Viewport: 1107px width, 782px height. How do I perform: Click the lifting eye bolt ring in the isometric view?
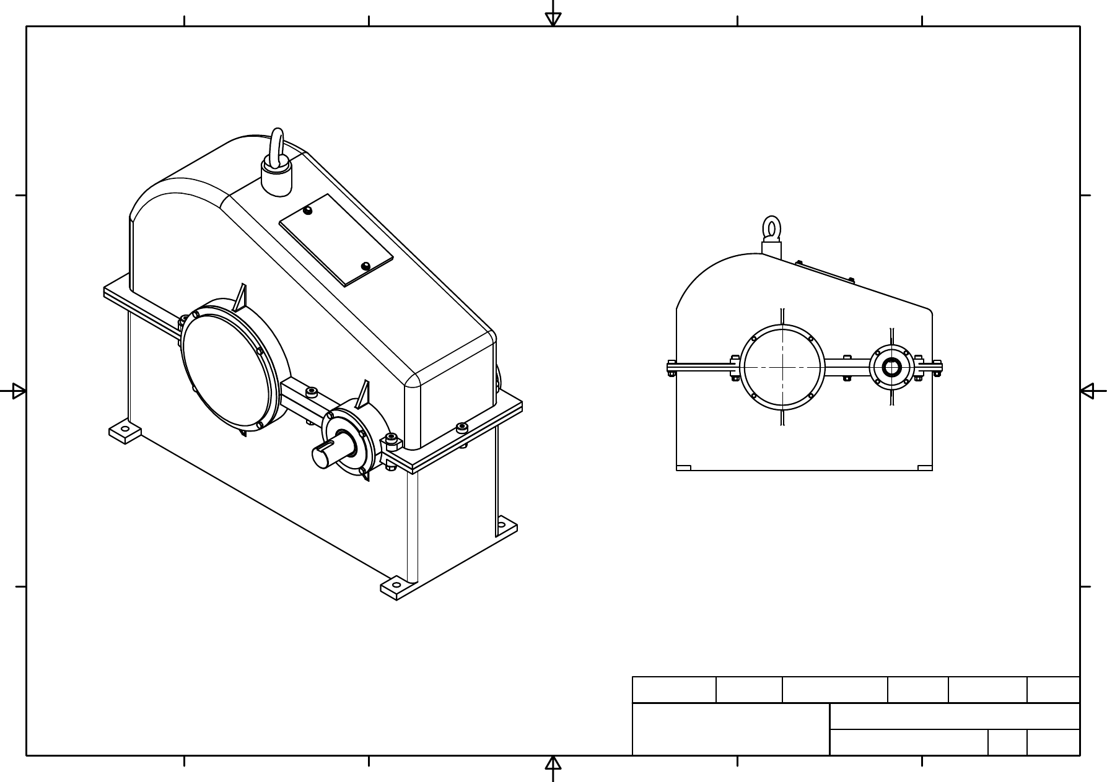pyautogui.click(x=278, y=146)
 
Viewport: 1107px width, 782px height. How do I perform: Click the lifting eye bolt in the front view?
pyautogui.click(x=771, y=229)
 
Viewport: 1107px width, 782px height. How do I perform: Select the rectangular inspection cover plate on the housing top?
pyautogui.click(x=336, y=240)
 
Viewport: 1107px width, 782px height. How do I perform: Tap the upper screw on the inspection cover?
pyautogui.click(x=308, y=211)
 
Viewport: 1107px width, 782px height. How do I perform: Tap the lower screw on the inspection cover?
pyautogui.click(x=365, y=266)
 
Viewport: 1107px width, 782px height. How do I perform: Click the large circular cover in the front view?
pyautogui.click(x=783, y=367)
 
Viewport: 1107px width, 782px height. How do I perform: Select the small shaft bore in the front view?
pyautogui.click(x=891, y=367)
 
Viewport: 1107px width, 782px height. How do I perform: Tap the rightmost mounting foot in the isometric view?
pyautogui.click(x=504, y=527)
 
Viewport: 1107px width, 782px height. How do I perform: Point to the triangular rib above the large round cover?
pyautogui.click(x=240, y=298)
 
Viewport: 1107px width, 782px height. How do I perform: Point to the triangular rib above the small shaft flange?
pyautogui.click(x=364, y=394)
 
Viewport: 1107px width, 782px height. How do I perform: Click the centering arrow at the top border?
pyautogui.click(x=553, y=19)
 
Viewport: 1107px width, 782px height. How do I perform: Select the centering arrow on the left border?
pyautogui.click(x=19, y=391)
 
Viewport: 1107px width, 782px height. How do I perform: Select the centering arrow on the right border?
pyautogui.click(x=1088, y=391)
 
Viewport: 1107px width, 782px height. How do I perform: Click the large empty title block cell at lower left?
pyautogui.click(x=730, y=729)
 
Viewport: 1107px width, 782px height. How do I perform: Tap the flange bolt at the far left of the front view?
pyautogui.click(x=672, y=368)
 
